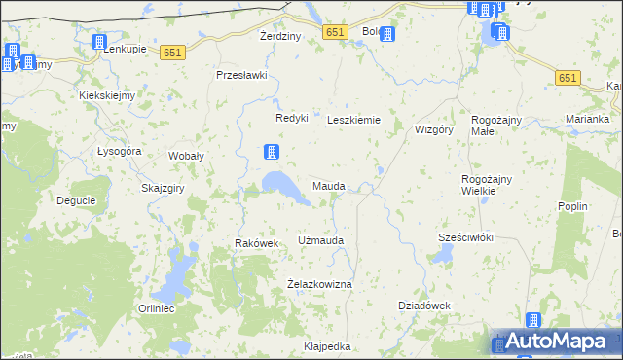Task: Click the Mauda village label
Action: pyautogui.click(x=328, y=185)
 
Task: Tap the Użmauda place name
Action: pyautogui.click(x=320, y=239)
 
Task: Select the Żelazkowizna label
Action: pyautogui.click(x=319, y=283)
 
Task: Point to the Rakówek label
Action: pyautogui.click(x=257, y=243)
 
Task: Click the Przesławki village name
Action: pyautogui.click(x=241, y=75)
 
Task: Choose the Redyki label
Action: pyautogui.click(x=291, y=118)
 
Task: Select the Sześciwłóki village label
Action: pyautogui.click(x=466, y=237)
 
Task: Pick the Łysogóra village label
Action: pyautogui.click(x=120, y=152)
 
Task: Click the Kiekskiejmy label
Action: pyautogui.click(x=107, y=95)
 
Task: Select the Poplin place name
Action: pyautogui.click(x=571, y=207)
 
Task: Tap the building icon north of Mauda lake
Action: pyautogui.click(x=273, y=152)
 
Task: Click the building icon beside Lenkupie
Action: pyautogui.click(x=98, y=43)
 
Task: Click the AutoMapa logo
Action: pyautogui.click(x=558, y=341)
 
